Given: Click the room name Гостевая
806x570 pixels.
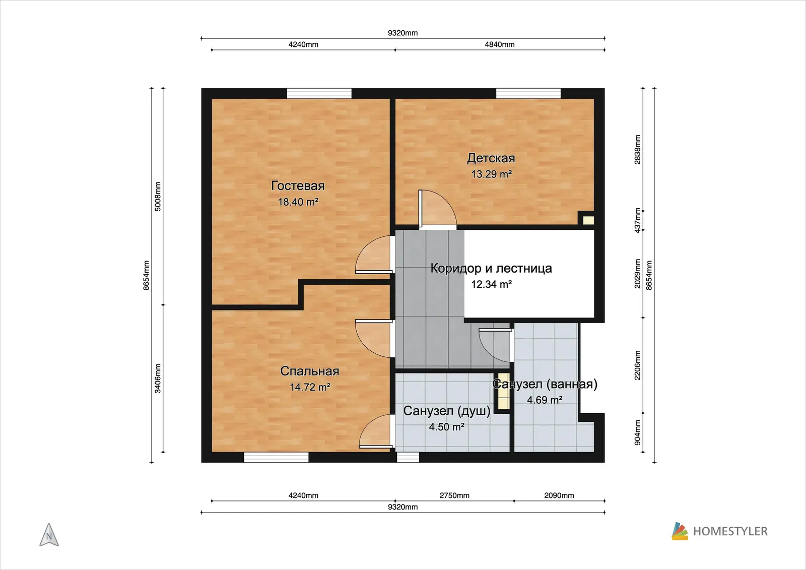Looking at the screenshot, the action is pyautogui.click(x=298, y=185).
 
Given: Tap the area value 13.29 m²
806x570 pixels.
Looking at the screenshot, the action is pyautogui.click(x=491, y=174).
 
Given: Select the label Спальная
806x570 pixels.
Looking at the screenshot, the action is pyautogui.click(x=309, y=371).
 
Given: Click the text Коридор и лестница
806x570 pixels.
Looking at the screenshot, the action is pyautogui.click(x=491, y=268).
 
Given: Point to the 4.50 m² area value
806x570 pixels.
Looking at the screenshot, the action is pyautogui.click(x=446, y=427).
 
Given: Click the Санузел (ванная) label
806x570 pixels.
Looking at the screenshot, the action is pyautogui.click(x=545, y=384).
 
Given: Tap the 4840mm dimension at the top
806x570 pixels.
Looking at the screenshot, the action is pyautogui.click(x=499, y=44).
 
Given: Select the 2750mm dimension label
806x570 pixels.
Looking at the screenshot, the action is pyautogui.click(x=454, y=495).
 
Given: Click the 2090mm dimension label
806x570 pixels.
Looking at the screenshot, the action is pyautogui.click(x=559, y=495).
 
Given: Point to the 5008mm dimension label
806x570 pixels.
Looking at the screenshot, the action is pyautogui.click(x=158, y=196).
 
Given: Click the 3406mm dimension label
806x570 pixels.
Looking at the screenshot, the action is pyautogui.click(x=158, y=378).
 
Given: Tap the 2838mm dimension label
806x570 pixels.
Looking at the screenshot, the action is pyautogui.click(x=637, y=150).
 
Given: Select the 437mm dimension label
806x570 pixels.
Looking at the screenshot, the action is pyautogui.click(x=637, y=220).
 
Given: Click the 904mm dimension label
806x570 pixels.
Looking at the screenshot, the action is pyautogui.click(x=637, y=432).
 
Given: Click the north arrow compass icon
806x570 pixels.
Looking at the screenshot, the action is pyautogui.click(x=49, y=535).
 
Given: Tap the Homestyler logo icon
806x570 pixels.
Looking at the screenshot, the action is pyautogui.click(x=680, y=531).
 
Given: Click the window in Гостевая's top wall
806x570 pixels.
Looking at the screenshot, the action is pyautogui.click(x=319, y=93).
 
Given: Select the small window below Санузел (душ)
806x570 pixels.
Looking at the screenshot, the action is pyautogui.click(x=408, y=457).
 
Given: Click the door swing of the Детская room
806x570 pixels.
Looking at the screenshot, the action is pyautogui.click(x=438, y=209).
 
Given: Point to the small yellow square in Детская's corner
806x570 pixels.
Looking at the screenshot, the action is pyautogui.click(x=588, y=220).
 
